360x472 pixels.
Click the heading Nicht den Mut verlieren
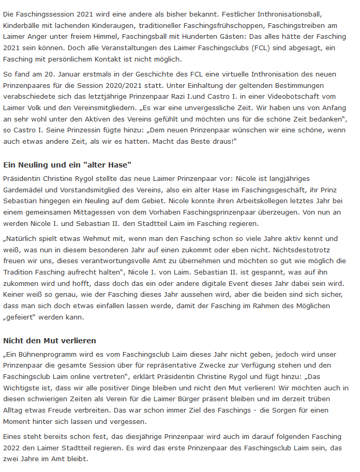(50, 341)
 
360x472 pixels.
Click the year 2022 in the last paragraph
(12, 448)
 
